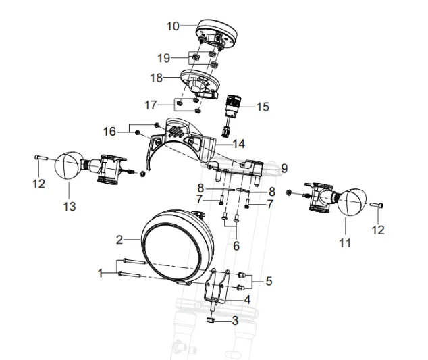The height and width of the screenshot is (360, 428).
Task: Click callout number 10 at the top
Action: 173,26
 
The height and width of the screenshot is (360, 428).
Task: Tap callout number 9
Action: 285,168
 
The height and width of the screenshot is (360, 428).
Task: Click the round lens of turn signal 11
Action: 352,204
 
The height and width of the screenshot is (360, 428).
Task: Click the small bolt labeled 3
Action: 213,320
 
